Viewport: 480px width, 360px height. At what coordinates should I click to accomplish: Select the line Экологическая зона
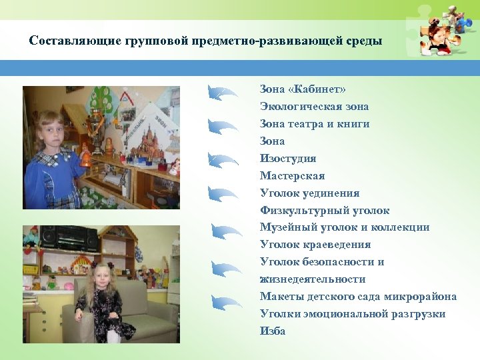(314, 107)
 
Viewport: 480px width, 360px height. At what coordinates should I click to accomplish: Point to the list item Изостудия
(288, 159)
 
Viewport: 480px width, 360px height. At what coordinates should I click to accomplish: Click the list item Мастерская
(292, 176)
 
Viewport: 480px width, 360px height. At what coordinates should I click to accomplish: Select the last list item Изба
(273, 331)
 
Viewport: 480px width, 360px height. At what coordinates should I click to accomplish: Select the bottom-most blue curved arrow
(227, 303)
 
